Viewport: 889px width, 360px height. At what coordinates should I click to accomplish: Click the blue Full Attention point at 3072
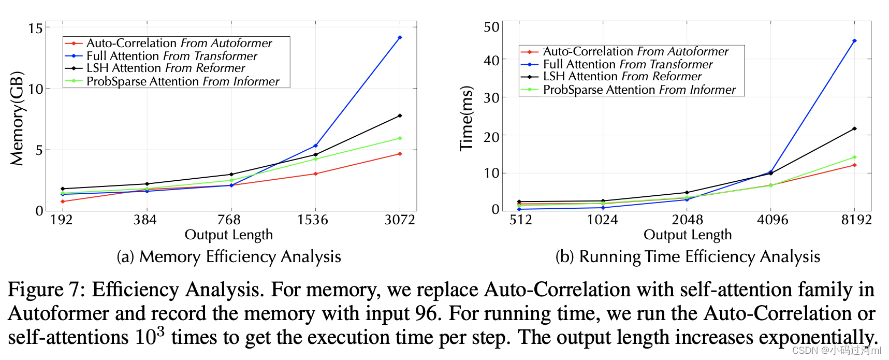[400, 38]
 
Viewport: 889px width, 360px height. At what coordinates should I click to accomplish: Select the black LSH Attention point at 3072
[400, 116]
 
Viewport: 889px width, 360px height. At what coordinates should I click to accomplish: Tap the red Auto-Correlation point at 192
[63, 201]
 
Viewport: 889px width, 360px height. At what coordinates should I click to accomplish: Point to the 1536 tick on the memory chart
[313, 220]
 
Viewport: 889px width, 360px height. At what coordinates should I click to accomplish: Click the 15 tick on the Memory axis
[35, 28]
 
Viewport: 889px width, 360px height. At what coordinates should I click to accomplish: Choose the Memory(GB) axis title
[17, 119]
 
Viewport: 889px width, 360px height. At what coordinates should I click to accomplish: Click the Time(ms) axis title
[467, 119]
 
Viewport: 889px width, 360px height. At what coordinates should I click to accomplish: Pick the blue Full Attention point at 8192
[854, 41]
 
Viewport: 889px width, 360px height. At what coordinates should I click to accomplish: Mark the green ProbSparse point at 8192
[854, 157]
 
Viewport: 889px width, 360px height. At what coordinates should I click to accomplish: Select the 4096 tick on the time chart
[773, 220]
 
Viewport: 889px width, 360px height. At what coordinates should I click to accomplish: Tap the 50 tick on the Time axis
[491, 27]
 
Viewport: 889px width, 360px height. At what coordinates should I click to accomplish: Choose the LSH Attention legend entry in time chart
[622, 77]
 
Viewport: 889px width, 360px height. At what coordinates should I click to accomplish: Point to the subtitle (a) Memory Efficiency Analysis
[229, 257]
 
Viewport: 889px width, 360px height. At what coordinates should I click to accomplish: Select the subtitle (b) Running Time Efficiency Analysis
[688, 257]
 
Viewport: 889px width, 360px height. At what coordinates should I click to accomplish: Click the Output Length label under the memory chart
[228, 235]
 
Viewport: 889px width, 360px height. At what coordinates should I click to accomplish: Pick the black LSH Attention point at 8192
[854, 128]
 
